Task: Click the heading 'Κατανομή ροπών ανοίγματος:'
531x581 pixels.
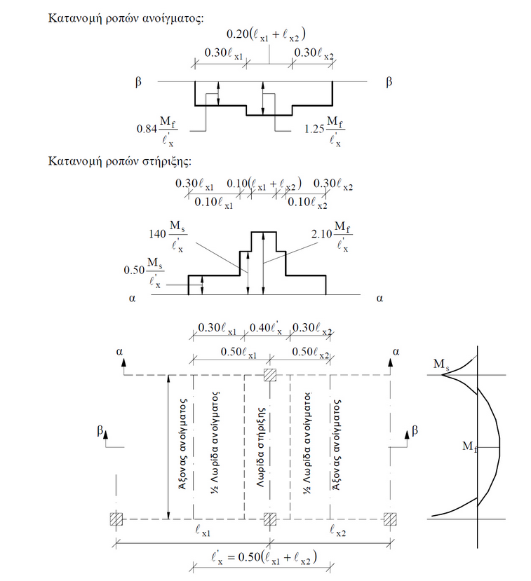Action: [x=126, y=16]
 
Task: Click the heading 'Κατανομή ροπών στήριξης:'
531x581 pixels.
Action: [x=119, y=161]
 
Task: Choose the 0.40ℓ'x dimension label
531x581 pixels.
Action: [x=267, y=327]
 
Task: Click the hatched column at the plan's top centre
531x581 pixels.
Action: [x=269, y=375]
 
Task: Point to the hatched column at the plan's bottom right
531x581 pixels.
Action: [x=390, y=519]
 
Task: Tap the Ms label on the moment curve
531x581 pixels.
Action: [x=441, y=364]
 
